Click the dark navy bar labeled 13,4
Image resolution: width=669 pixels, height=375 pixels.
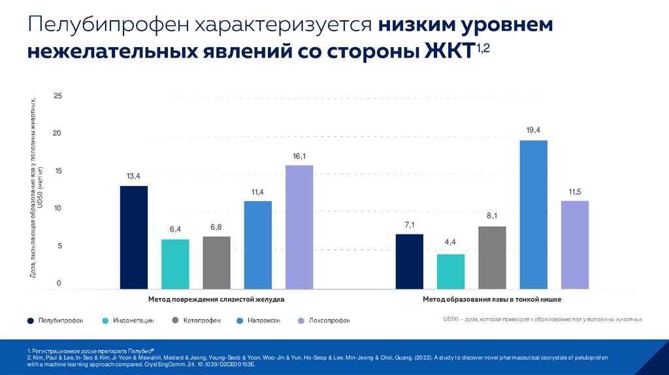pos(134,237)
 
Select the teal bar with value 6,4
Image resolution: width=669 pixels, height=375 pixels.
pos(175,264)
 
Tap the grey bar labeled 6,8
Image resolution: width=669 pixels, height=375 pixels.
pos(216,262)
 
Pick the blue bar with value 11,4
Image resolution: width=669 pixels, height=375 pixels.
pos(258,244)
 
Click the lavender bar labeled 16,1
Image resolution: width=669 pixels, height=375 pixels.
pos(299,227)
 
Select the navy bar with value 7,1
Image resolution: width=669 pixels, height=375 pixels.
pos(410,261)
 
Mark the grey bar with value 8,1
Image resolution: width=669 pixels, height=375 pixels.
pos(492,257)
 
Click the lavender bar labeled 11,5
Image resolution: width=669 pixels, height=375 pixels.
pos(575,244)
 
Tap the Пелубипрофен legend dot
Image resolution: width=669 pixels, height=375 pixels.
pos(31,321)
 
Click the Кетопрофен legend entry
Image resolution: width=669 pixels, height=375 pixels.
pos(197,321)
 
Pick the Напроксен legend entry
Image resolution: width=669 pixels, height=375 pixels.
pos(262,321)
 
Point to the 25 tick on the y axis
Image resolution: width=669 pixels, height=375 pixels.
pos(57,96)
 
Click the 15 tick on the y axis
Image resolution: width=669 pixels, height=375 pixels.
pos(57,171)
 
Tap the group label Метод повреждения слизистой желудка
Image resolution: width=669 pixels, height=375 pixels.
pos(216,299)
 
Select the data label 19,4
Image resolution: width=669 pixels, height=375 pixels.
pos(533,130)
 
